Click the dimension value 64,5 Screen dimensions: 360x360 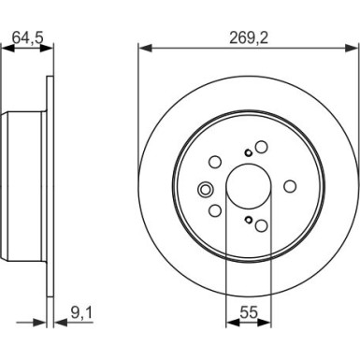coord(27,37)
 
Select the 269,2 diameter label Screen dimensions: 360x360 coord(249,38)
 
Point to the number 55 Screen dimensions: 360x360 coord(249,312)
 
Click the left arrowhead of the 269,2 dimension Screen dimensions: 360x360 coord(145,49)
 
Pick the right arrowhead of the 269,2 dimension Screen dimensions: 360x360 coord(353,49)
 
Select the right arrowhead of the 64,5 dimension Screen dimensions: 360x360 coord(47,49)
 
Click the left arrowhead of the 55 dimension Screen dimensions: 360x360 coord(233,323)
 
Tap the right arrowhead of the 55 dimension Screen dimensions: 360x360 coord(265,323)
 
